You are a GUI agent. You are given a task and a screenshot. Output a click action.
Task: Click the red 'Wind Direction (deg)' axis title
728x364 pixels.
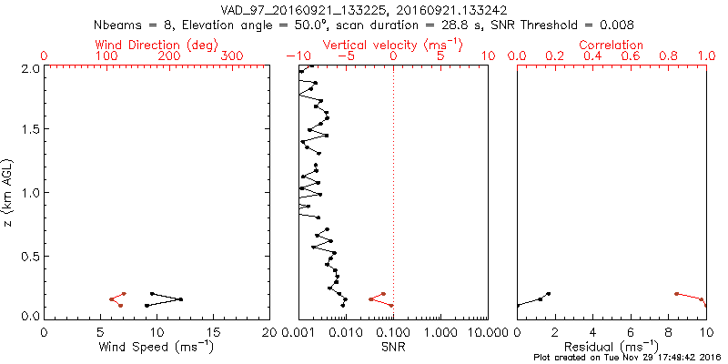tap(157, 45)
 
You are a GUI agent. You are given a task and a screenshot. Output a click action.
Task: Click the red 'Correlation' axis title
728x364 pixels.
tap(612, 45)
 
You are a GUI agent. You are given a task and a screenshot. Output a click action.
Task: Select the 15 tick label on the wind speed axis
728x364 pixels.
tap(213, 331)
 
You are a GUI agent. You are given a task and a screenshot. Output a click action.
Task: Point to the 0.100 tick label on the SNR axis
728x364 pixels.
tap(393, 331)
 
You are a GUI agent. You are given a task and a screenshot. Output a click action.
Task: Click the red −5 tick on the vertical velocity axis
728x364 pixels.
tap(345, 56)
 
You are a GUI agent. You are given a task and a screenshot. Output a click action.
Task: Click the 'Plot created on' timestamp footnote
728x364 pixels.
tap(628, 358)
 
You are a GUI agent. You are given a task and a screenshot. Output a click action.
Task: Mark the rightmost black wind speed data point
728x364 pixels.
tap(181, 299)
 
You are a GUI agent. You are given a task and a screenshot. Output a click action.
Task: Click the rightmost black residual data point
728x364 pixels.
tap(548, 294)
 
